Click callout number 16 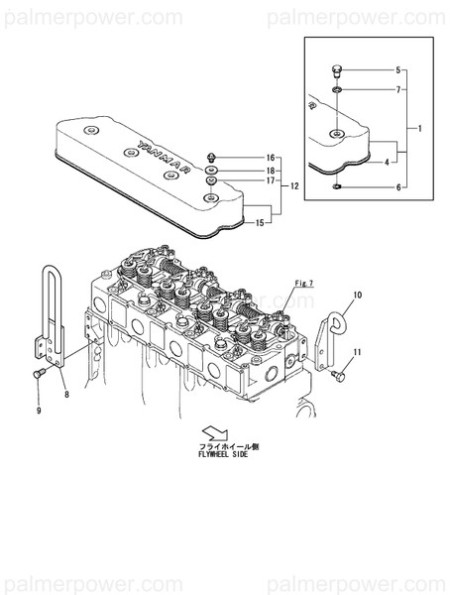pyautogui.click(x=270, y=159)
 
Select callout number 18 pyautogui.click(x=270, y=171)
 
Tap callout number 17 pyautogui.click(x=270, y=181)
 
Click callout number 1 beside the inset pyautogui.click(x=420, y=130)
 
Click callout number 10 pyautogui.click(x=358, y=296)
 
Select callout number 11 pyautogui.click(x=358, y=353)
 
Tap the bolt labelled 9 pyautogui.click(x=39, y=375)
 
